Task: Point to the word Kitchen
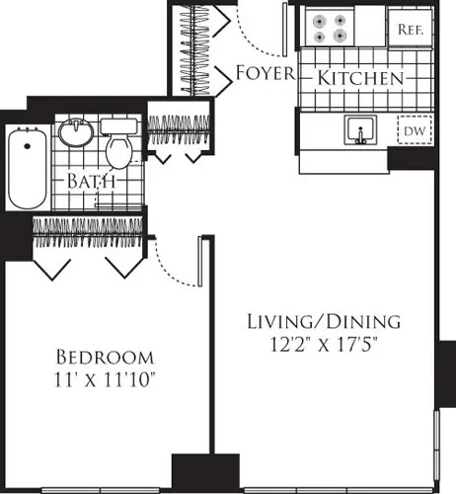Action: (x=359, y=77)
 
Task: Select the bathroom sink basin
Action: (x=75, y=132)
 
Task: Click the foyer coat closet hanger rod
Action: (x=200, y=49)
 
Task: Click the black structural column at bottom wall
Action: (x=205, y=471)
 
